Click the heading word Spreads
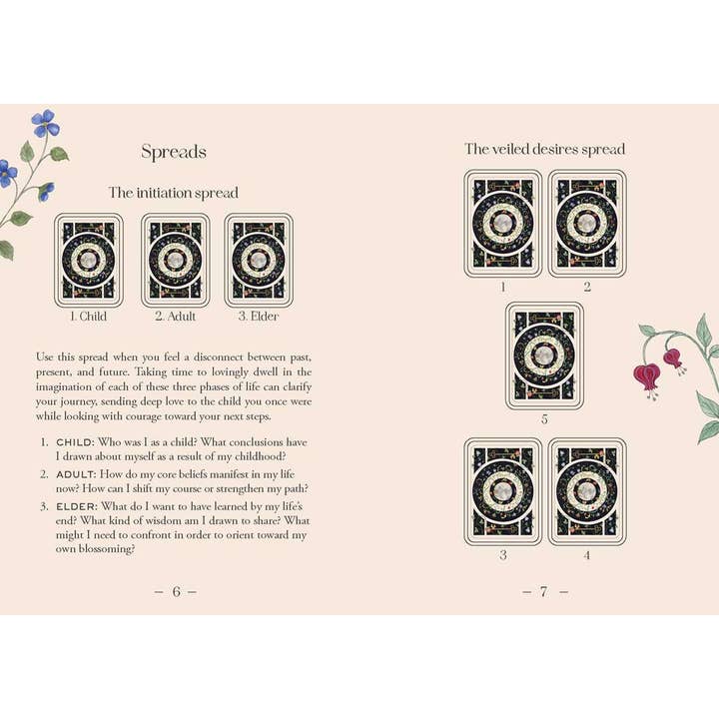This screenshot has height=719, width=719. pos(174,152)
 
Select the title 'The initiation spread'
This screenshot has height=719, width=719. pos(174,193)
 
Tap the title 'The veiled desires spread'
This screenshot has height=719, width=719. pos(544,149)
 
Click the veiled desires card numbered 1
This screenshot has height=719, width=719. pos(502,223)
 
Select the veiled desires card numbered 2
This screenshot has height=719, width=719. pos(587,223)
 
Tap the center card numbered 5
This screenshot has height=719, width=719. pos(545,356)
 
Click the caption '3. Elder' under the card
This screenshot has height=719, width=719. pos(259,318)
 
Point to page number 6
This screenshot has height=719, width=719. pos(176,591)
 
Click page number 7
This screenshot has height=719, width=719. pos(544,591)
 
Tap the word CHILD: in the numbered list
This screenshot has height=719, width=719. pos(75,441)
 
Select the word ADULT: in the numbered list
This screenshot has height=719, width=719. pos(76,473)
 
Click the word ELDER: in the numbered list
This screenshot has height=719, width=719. pos(76,505)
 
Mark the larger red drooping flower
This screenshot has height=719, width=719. pos(647,377)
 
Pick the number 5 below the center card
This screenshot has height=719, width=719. pos(544,419)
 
